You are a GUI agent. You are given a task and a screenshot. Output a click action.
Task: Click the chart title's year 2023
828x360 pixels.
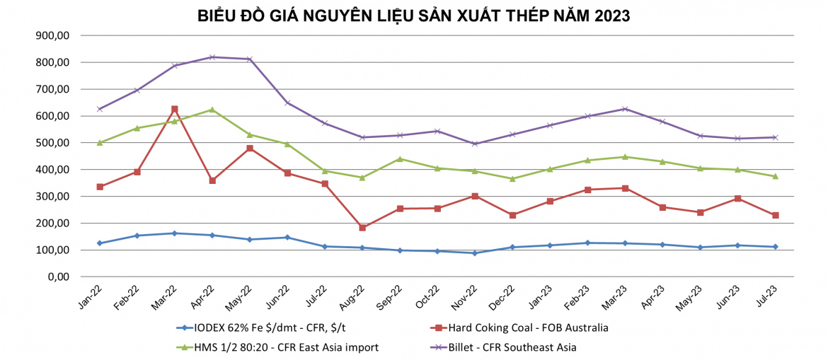608,16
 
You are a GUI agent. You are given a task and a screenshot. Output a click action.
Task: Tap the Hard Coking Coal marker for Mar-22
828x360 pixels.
175,110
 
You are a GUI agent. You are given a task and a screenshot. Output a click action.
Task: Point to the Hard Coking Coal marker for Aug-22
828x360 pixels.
362,228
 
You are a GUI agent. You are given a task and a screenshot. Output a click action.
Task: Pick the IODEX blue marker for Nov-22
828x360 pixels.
475,253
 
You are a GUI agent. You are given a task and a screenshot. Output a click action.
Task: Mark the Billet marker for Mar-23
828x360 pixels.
625,109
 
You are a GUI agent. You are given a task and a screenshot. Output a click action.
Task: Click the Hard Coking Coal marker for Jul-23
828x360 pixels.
775,215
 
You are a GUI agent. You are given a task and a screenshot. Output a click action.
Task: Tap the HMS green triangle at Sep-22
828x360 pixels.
400,159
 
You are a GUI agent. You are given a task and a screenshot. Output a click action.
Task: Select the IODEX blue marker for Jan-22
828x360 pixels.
100,243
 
